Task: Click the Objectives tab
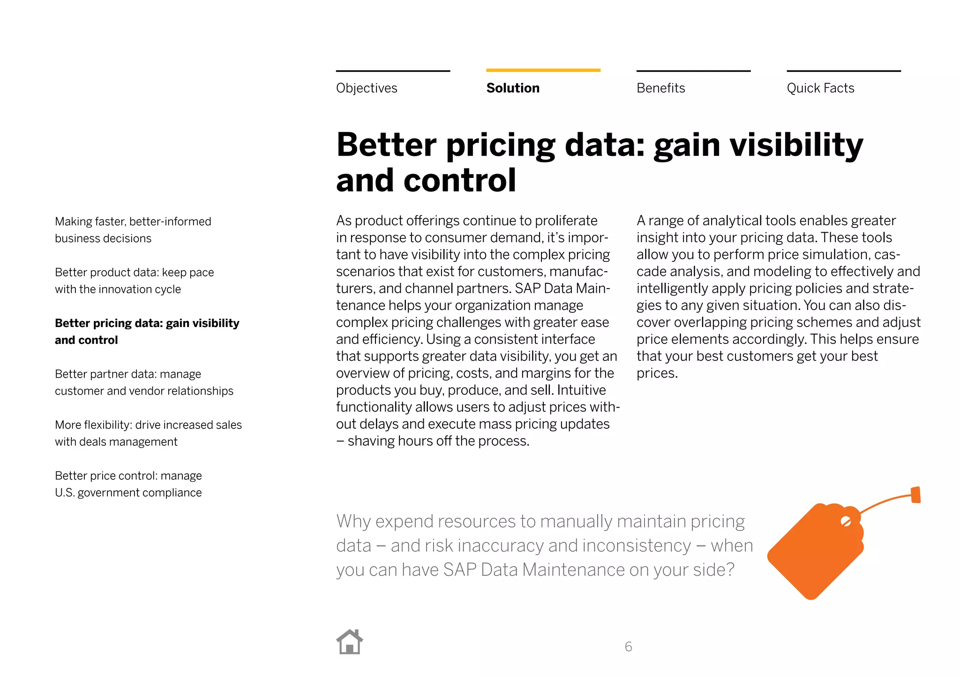367,88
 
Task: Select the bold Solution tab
513,88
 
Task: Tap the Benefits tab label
660,88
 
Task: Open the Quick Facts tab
820,88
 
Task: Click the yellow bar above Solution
543,70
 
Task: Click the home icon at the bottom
350,642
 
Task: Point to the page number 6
628,647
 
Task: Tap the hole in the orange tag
846,521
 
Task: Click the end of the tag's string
915,495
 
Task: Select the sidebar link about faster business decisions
133,230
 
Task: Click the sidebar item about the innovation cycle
134,281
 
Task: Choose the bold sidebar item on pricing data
147,331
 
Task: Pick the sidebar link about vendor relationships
143,382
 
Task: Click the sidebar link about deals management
148,433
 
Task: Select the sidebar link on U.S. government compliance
128,484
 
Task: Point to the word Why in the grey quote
353,521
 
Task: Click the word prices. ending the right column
657,373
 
